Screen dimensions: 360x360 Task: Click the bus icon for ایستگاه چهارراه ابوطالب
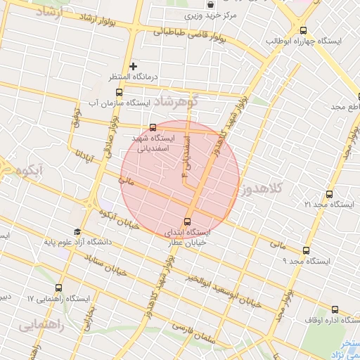coord(303,30)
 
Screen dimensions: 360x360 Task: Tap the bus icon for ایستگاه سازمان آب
coord(118,92)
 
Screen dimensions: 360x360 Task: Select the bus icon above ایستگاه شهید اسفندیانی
coord(153,128)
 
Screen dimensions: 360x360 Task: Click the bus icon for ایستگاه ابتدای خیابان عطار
coord(187,221)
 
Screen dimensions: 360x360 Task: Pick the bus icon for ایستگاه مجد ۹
coord(305,250)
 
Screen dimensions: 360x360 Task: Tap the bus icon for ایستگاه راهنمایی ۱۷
coord(58,288)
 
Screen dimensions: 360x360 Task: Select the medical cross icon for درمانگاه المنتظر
coord(133,66)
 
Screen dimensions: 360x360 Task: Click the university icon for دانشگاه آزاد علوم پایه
coord(77,232)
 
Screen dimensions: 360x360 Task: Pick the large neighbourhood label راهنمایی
coord(42,325)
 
